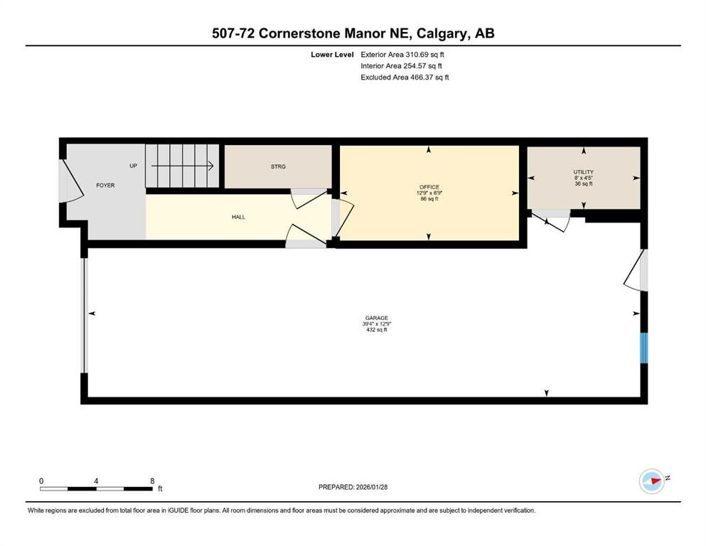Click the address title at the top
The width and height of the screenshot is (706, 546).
pyautogui.click(x=353, y=33)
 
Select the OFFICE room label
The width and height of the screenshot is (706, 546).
pyautogui.click(x=428, y=187)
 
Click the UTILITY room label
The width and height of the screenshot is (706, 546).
pyautogui.click(x=583, y=172)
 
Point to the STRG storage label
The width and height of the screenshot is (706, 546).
pyautogui.click(x=277, y=167)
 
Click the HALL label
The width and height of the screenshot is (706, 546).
pyautogui.click(x=238, y=217)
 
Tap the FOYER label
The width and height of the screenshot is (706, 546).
pyautogui.click(x=105, y=186)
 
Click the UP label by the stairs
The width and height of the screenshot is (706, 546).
pyautogui.click(x=133, y=166)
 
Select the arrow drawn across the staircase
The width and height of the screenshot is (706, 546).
pyautogui.click(x=182, y=166)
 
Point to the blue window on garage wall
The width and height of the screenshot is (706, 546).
pyautogui.click(x=644, y=348)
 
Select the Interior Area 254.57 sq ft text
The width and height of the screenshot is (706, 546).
pyautogui.click(x=403, y=65)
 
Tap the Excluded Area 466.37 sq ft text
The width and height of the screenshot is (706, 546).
pyautogui.click(x=405, y=77)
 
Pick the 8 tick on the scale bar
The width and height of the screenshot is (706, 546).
pyautogui.click(x=152, y=481)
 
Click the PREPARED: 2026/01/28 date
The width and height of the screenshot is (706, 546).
pyautogui.click(x=353, y=487)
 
